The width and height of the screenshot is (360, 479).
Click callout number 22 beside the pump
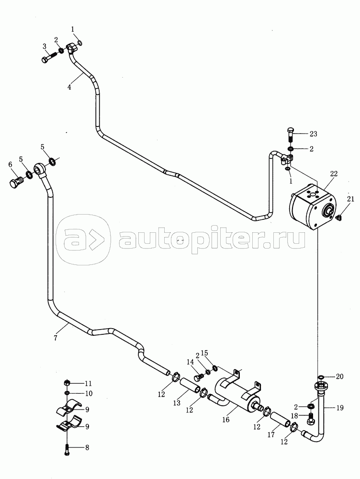tap(334, 174)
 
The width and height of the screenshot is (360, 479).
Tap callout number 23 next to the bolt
tap(313, 134)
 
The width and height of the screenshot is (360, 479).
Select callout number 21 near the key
tap(350, 199)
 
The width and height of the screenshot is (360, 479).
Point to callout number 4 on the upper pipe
tap(69, 87)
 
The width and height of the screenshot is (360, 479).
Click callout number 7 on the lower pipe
tap(55, 338)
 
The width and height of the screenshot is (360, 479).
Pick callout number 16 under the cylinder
tap(225, 420)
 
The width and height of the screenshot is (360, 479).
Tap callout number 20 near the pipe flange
tap(339, 376)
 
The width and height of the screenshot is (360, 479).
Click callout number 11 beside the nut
tap(88, 383)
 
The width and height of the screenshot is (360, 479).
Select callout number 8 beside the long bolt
tap(87, 448)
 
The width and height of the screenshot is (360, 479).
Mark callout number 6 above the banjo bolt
tap(11, 165)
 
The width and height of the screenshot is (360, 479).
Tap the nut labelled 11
tap(67, 383)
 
